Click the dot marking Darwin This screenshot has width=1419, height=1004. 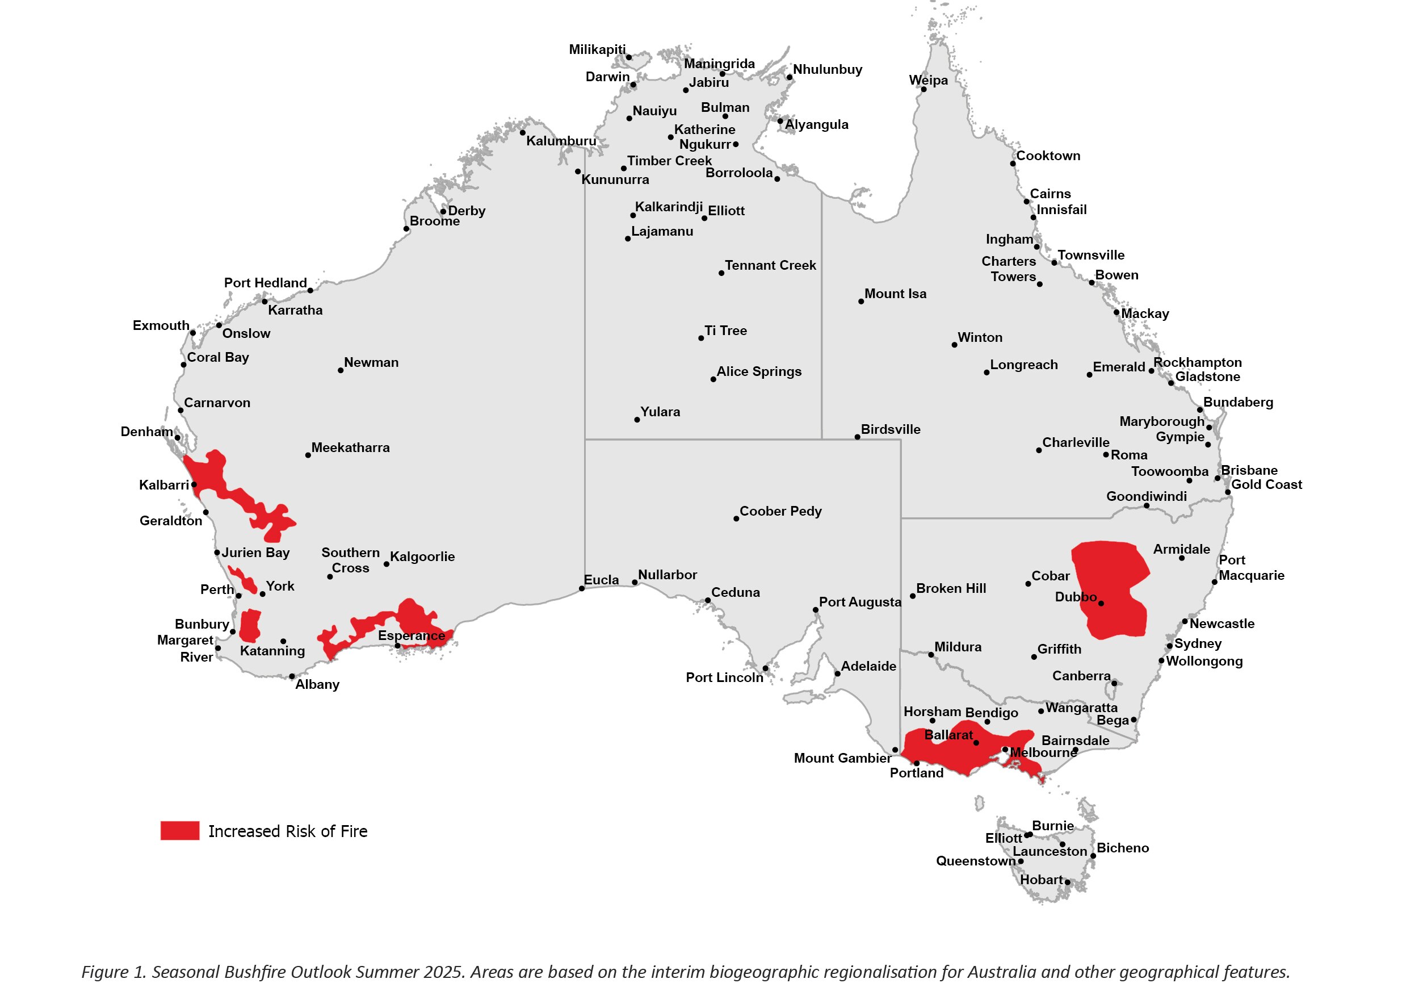633,85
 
